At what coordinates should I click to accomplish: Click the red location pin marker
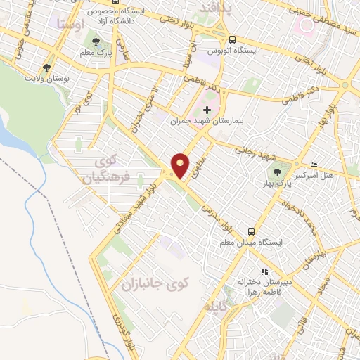click(181, 165)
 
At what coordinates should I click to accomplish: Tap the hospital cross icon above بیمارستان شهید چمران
click(206, 110)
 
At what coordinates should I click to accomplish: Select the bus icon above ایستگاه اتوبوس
click(232, 40)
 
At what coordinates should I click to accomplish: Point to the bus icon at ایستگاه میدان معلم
click(250, 231)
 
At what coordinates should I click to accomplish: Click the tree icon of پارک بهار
click(276, 171)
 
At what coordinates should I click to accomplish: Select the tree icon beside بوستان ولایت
click(46, 67)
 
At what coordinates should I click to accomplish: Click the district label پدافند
click(214, 8)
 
